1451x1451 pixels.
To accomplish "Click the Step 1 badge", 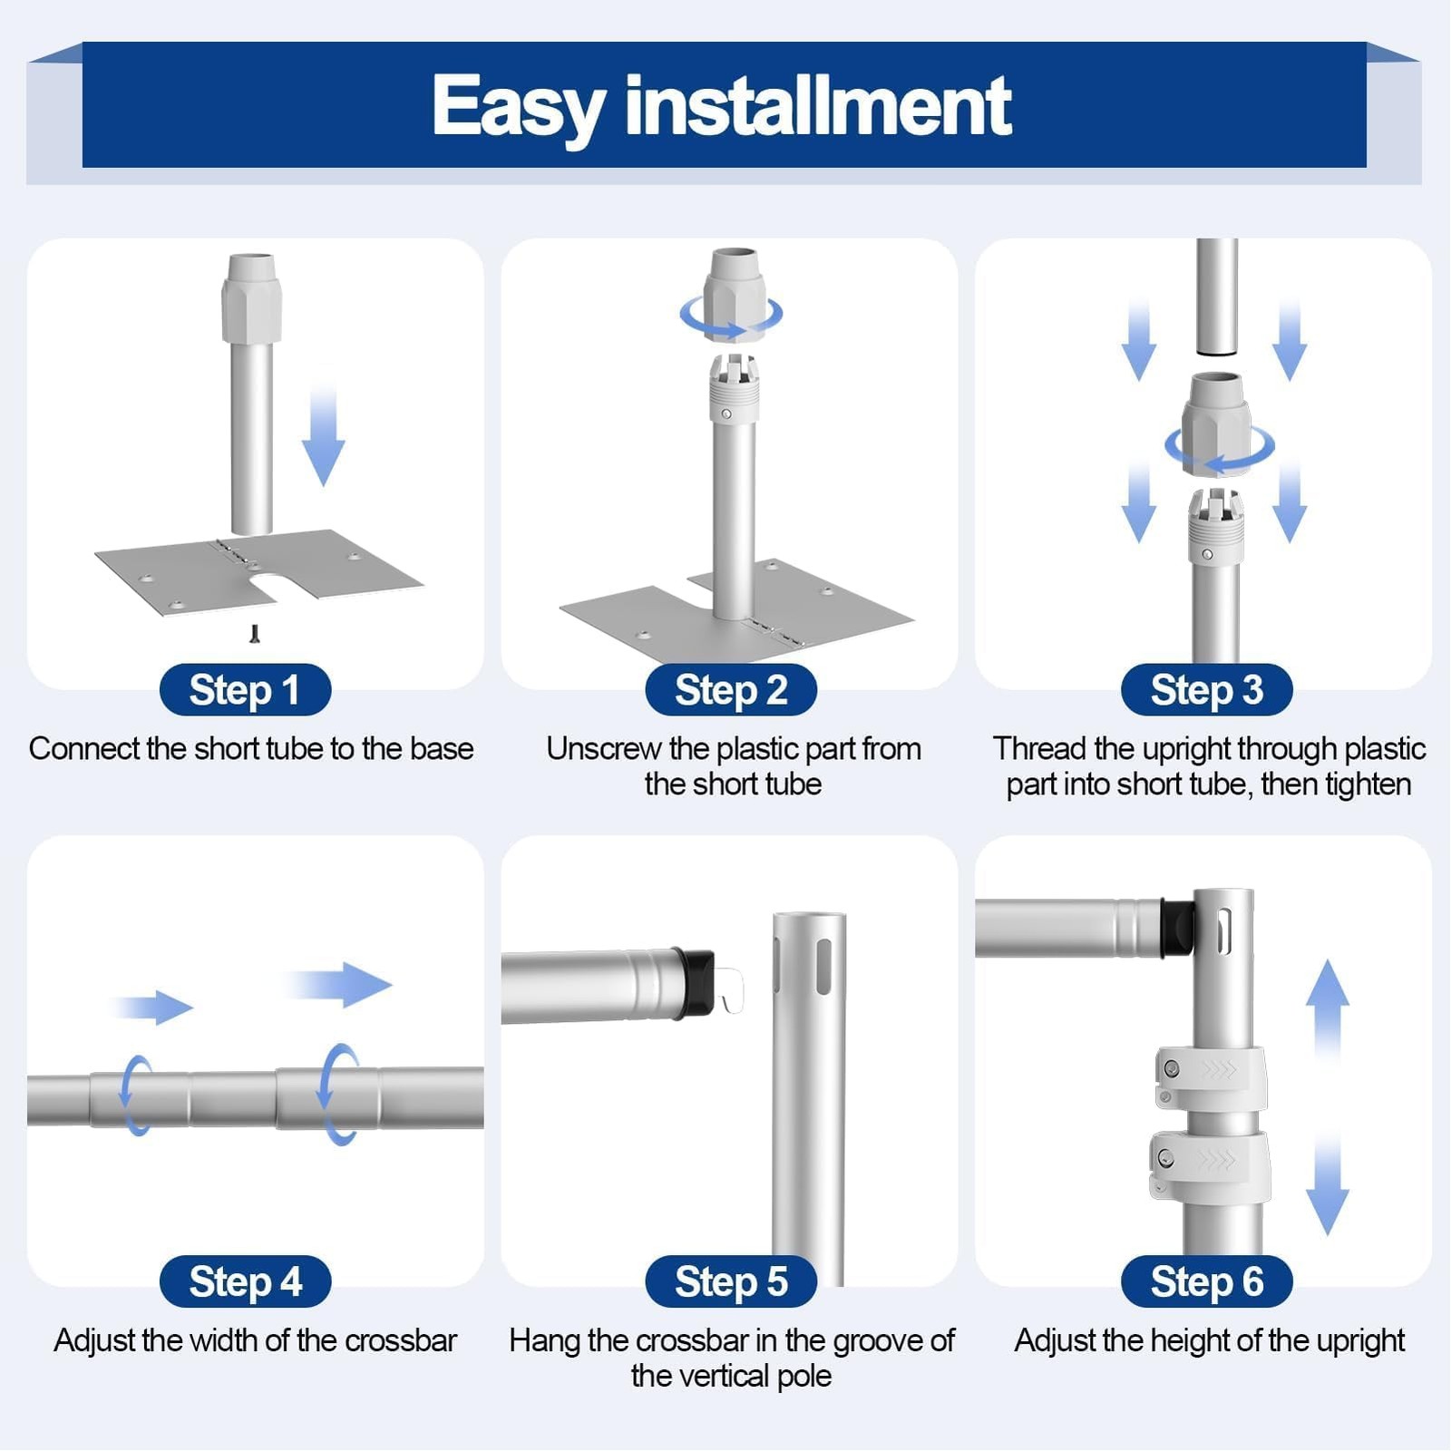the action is coord(245,690).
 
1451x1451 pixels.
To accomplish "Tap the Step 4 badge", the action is coord(245,1281).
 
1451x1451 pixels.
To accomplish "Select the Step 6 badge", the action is coord(1206,1281).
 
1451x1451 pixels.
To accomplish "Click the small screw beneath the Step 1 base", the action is coord(255,633).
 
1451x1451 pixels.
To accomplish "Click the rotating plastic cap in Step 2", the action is coord(732,295).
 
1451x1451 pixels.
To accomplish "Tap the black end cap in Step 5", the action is coord(694,983).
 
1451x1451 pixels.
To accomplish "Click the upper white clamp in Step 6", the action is coord(1210,1077).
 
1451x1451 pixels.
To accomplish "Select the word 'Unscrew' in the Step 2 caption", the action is coord(603,749).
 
